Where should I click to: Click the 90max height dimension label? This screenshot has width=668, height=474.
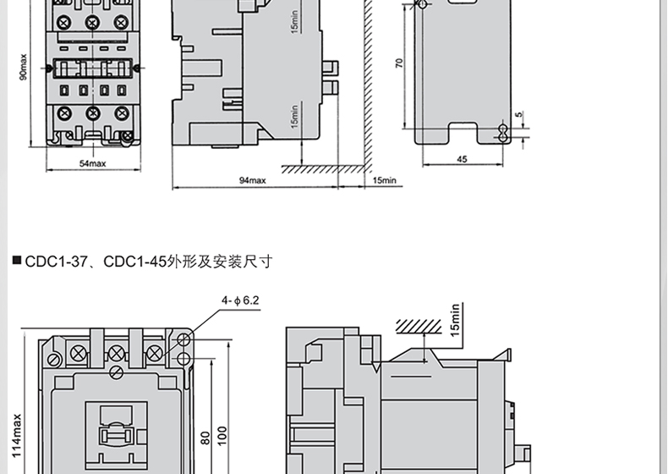24,67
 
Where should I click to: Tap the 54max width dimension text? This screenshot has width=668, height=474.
92,163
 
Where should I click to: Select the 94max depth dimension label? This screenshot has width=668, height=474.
253,180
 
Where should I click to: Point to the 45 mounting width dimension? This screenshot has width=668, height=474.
463,159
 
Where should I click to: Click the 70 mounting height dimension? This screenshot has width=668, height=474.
399,63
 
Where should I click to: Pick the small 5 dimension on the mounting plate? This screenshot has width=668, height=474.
518,114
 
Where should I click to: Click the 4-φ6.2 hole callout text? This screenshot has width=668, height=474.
240,300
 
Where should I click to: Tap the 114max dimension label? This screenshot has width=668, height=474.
16,435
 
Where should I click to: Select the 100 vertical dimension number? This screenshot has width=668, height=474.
222,436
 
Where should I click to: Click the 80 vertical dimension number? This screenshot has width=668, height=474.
205,438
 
